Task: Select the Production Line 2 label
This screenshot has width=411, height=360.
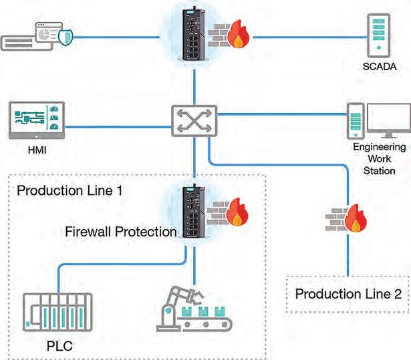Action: tap(348, 294)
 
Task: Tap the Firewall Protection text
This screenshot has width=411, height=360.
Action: tap(121, 232)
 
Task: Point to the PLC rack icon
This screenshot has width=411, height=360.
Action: tap(57, 311)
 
